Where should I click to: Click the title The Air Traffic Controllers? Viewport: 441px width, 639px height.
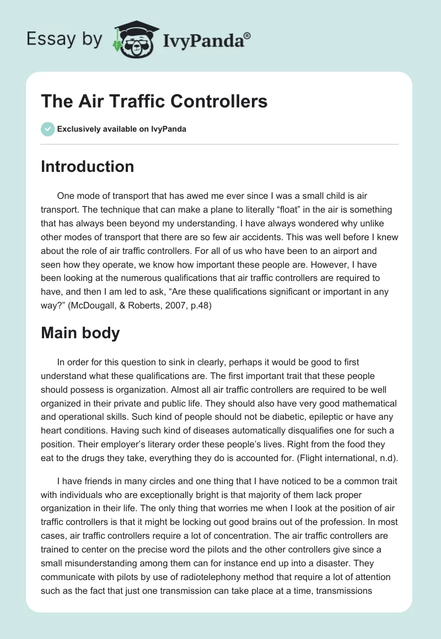[x=154, y=101]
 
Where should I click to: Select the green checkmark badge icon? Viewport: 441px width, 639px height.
[x=47, y=129]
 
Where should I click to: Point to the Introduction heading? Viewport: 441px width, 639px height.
[x=87, y=166]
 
